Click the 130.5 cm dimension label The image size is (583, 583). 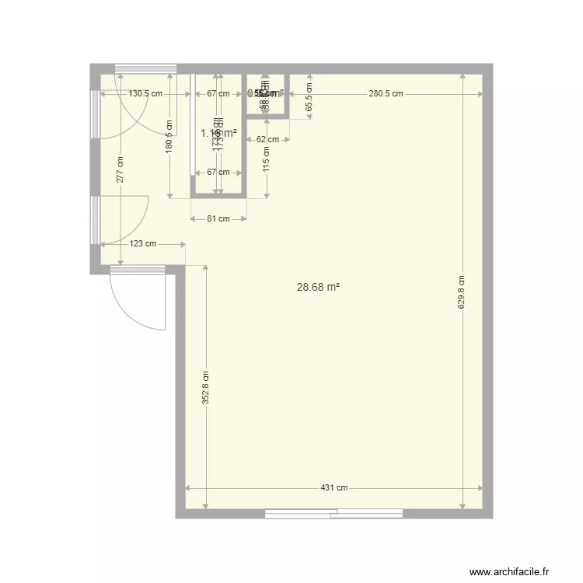coord(146,94)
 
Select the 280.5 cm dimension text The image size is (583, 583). coord(386,94)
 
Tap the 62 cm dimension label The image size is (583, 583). coord(267,140)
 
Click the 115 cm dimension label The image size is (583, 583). coord(267,160)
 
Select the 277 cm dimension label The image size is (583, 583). coord(120,170)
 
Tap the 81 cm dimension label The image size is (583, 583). coord(218,218)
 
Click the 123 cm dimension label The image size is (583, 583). coord(142,244)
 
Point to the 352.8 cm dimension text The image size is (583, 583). coord(206,387)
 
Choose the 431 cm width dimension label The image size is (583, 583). coord(334,488)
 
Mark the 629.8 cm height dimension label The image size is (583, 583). coord(461,292)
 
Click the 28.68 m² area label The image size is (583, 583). coord(319,287)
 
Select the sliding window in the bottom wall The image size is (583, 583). coord(333,513)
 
